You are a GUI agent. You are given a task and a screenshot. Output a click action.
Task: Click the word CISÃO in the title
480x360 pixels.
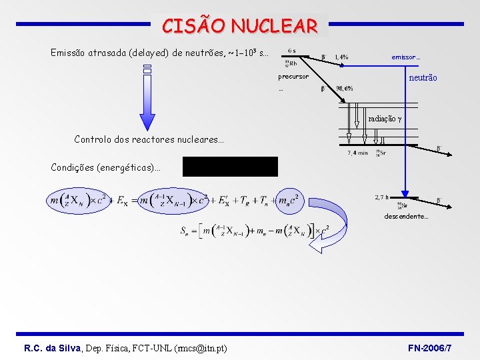193,26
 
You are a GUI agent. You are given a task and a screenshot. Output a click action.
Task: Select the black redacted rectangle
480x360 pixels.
230,167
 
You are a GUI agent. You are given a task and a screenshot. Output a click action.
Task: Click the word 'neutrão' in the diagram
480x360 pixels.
423,78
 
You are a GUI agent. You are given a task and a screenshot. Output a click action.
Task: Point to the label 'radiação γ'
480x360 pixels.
385,119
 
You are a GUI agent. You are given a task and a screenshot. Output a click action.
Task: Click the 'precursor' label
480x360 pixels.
293,77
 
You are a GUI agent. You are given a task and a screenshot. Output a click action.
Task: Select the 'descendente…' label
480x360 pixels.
406,217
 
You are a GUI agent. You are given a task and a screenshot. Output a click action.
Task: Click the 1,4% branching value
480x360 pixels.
341,57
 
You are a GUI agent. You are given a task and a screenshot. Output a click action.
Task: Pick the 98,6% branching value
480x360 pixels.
345,89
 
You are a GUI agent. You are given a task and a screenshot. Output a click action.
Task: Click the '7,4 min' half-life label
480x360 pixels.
357,153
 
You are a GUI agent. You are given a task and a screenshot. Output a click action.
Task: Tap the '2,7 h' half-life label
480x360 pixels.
382,197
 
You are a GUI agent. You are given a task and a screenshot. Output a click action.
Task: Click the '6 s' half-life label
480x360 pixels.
292,50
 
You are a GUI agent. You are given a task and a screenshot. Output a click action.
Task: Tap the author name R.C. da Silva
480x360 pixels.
53,349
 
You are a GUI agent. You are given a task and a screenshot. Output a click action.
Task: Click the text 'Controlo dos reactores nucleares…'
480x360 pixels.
149,140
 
